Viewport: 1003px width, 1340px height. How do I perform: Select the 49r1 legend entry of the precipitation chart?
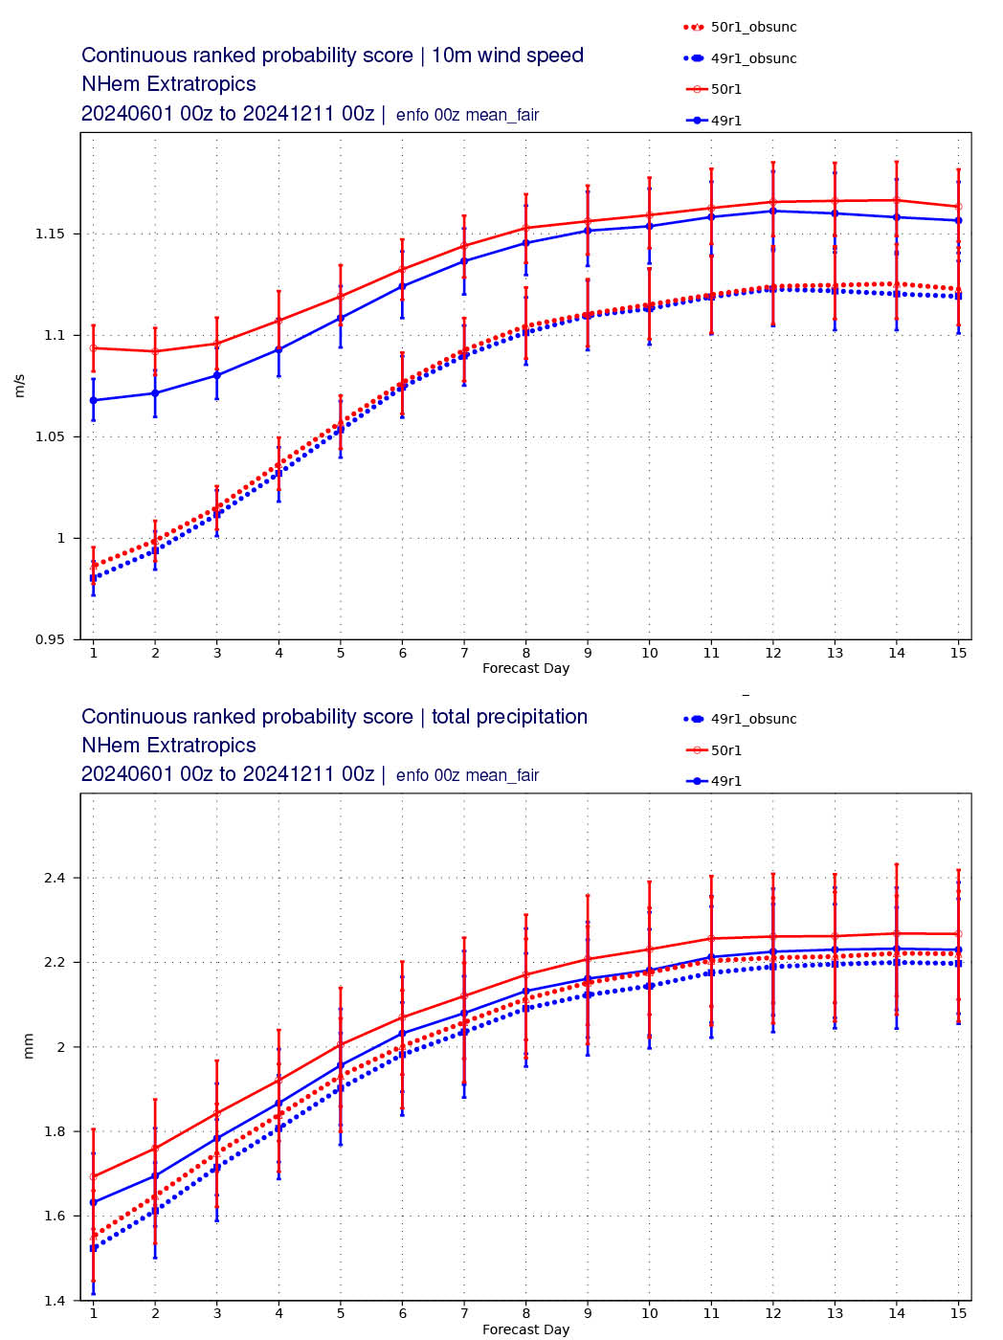tap(725, 781)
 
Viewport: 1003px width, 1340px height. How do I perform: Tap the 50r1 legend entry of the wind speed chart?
tap(725, 89)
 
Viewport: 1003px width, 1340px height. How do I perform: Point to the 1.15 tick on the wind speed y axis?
tap(54, 234)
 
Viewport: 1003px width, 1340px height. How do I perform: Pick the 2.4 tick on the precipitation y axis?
tap(57, 878)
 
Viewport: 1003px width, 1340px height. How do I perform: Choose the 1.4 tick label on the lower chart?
tap(57, 1301)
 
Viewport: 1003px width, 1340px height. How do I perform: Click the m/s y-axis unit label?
tap(20, 386)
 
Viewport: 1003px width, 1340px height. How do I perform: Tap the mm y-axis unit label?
tap(28, 1046)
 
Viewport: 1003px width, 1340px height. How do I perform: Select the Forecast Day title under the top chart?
tap(525, 668)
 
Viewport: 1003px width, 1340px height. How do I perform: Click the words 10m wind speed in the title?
tap(507, 56)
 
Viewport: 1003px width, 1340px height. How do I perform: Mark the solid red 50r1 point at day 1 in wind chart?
tap(93, 347)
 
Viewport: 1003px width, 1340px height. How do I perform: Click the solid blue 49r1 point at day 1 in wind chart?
tap(93, 400)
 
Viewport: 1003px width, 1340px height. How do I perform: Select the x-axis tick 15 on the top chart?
tap(959, 653)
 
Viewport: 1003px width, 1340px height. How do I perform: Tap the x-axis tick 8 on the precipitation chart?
tap(525, 1313)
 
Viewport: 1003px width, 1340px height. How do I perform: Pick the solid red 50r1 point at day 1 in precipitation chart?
tap(93, 1176)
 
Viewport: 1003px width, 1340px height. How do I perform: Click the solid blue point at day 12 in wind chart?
tap(772, 211)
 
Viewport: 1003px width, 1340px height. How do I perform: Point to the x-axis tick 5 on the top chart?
tap(341, 653)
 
